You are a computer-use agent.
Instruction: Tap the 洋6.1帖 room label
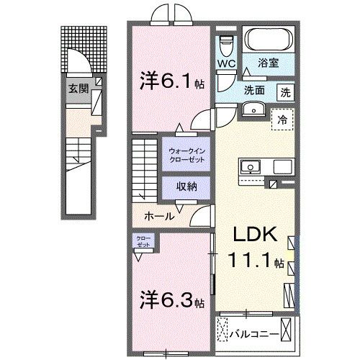[x=171, y=81]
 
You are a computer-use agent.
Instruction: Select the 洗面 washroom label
[x=253, y=91]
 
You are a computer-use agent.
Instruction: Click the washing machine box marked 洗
[x=286, y=92]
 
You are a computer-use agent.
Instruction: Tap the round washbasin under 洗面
[x=253, y=109]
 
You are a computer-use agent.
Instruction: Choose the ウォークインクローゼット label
[x=186, y=155]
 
